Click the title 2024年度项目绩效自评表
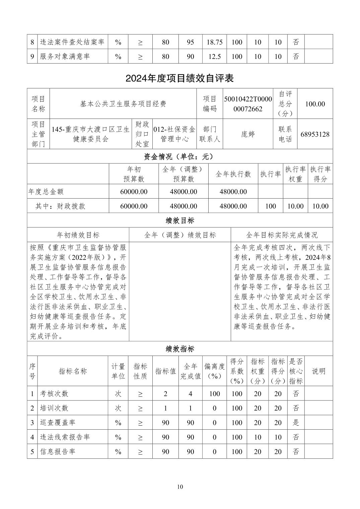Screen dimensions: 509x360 pos(179,78)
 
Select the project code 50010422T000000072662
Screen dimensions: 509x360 pos(248,104)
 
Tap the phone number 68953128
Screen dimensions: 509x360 pos(315,134)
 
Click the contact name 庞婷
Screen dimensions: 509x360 pos(248,134)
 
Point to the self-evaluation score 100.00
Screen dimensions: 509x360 pos(315,104)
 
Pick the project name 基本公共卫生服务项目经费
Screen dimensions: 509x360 pos(123,104)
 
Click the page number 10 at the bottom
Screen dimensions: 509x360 pos(180,487)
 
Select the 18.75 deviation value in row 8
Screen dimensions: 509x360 pos(215,42)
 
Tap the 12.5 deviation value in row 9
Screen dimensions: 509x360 pos(215,57)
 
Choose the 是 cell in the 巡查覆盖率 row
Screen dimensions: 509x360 pos(296,423)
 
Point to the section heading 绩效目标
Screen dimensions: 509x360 pos(180,220)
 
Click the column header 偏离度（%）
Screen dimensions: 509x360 pos(215,371)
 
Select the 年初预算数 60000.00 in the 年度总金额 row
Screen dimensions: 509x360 pos(134,192)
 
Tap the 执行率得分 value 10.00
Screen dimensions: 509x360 pos(320,206)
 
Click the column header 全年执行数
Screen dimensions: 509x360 pos(233,174)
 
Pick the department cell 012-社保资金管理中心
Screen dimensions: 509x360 pos(174,134)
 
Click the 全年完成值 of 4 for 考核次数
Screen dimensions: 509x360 pos(190,393)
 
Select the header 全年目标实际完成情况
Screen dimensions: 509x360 pos(282,235)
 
